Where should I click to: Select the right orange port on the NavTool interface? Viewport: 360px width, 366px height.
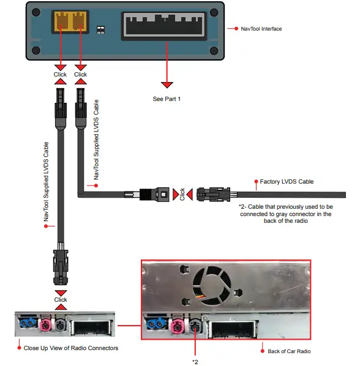(78, 23)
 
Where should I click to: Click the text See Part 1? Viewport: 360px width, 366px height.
(167, 98)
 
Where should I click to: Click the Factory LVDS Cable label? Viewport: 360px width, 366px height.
(286, 182)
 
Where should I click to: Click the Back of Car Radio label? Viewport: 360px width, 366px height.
(290, 351)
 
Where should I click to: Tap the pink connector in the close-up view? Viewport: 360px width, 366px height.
(45, 324)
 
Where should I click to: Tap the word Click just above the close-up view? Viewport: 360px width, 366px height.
(60, 300)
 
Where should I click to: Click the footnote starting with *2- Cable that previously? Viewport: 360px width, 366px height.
(285, 214)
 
